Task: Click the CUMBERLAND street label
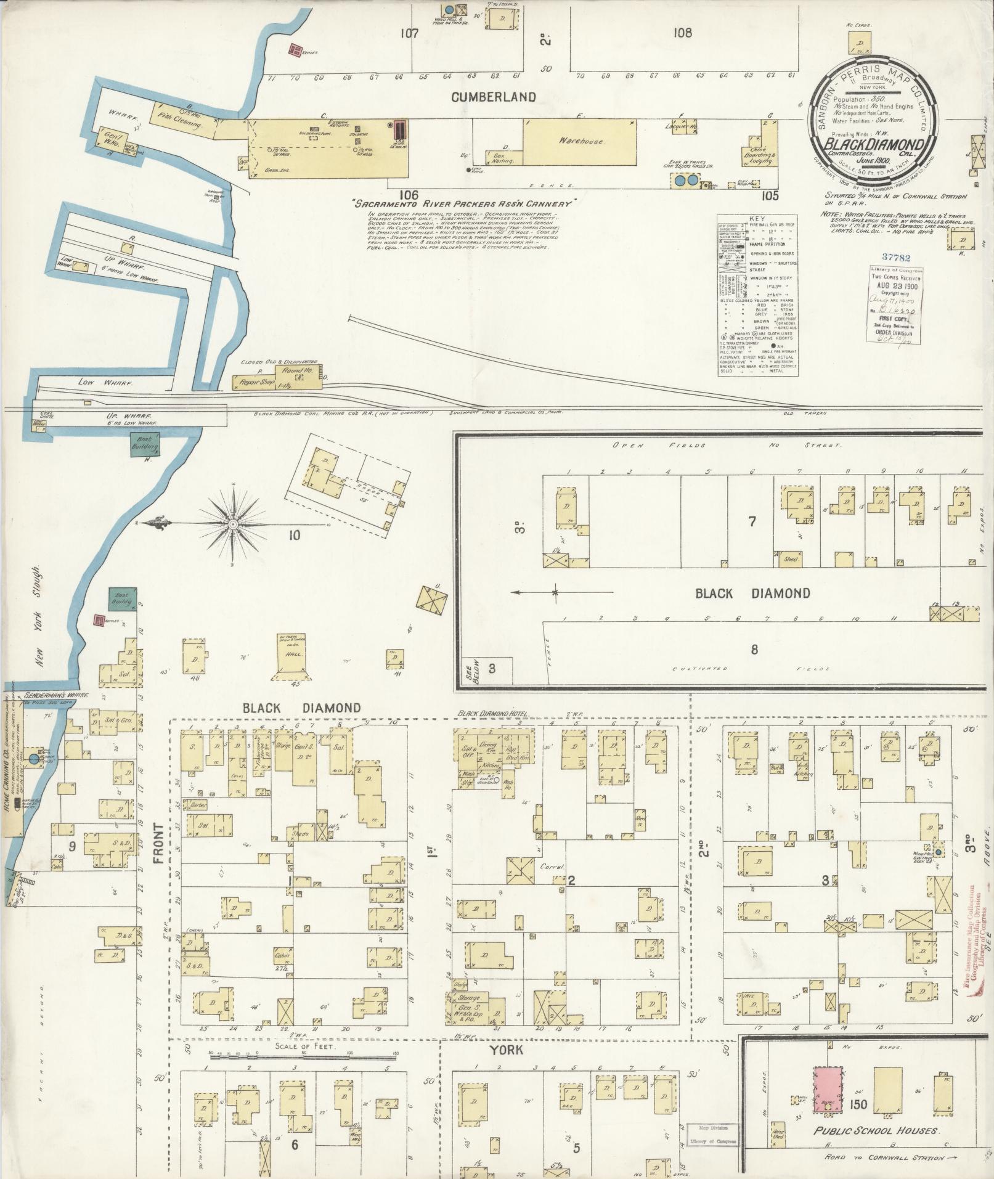tap(493, 97)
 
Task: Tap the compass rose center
tap(233, 524)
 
